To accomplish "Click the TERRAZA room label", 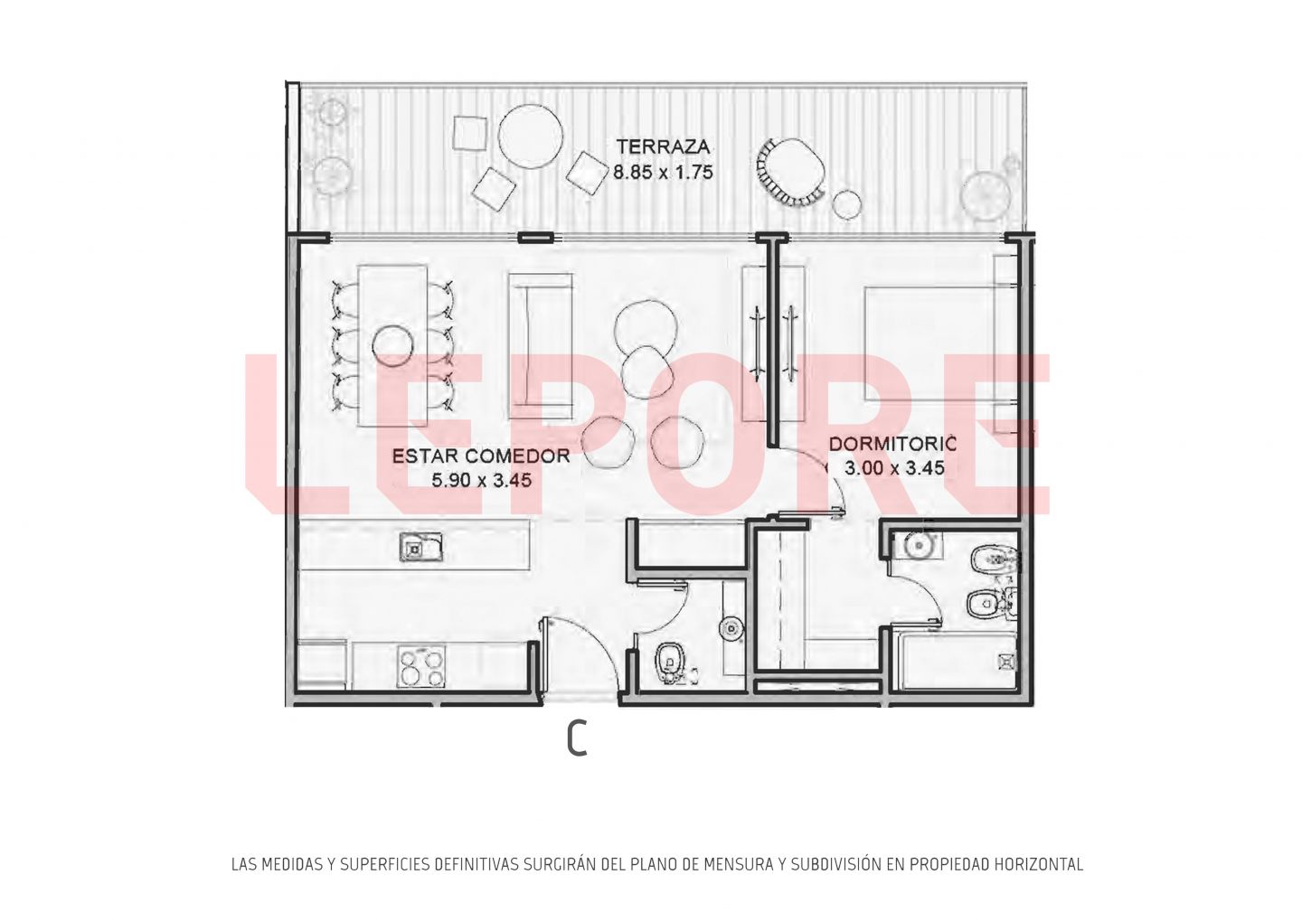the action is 664,146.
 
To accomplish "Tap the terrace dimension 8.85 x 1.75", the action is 664,173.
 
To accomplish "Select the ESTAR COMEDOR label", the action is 481,456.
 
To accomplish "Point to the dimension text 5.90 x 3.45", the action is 481,481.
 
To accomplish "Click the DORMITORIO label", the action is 892,445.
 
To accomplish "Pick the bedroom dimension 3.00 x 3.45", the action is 894,468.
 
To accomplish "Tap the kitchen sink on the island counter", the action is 420,547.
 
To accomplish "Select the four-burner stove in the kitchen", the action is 420,667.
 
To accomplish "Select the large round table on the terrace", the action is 531,136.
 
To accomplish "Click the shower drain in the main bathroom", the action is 1006,662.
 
